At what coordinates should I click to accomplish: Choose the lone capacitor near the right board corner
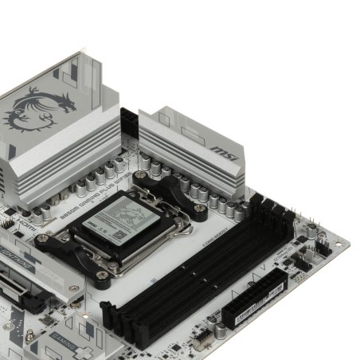(315, 229)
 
